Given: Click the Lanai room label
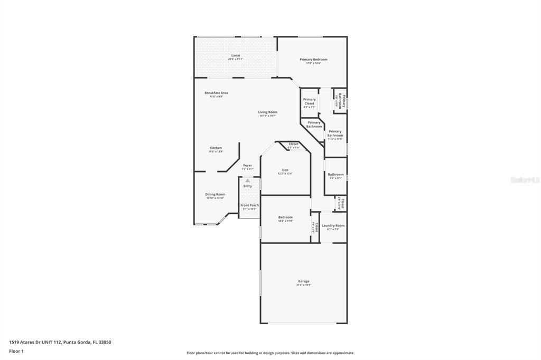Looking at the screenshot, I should [236, 55].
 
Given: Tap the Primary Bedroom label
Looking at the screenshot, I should [313, 60].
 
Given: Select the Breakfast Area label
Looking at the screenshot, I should [216, 93].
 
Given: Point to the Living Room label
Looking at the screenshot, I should [267, 112].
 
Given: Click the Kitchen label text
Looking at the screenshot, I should [216, 148].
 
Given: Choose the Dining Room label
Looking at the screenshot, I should [215, 194].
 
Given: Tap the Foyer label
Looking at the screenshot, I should [247, 165].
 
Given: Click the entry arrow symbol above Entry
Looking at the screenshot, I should [247, 181].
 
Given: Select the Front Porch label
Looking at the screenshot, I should [249, 205].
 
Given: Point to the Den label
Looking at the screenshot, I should [285, 169].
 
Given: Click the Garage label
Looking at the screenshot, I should [303, 281].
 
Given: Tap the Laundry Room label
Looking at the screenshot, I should [333, 225].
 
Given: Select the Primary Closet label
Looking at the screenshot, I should [309, 101].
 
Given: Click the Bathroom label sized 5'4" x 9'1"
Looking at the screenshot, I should [335, 174].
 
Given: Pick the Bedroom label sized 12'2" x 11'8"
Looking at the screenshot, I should [285, 217].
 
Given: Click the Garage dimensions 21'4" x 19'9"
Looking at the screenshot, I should [303, 285].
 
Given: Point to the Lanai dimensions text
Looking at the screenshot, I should [236, 59].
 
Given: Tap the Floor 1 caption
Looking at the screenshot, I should [16, 350].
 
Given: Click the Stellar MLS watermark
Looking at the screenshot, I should [525, 180].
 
